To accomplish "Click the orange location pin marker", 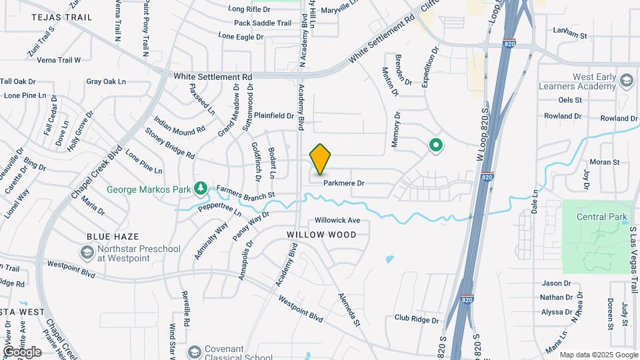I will pos(320,159).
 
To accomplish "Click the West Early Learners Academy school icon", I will pos(626,81).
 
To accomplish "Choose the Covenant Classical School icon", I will pos(195,351).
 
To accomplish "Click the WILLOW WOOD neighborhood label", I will pos(321,235).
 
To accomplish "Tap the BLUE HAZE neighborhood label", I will pos(113,237).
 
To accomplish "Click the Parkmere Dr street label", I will pos(344,183).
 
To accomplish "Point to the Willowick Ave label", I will pos(337,220).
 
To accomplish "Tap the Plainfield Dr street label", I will pos(274,115).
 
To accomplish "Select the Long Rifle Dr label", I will pos(250,9).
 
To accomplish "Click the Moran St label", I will pos(605,162).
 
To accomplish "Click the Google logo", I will pos(22,351).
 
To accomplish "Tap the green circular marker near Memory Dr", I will pos(435,145).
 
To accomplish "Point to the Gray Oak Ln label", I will pos(106,82).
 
